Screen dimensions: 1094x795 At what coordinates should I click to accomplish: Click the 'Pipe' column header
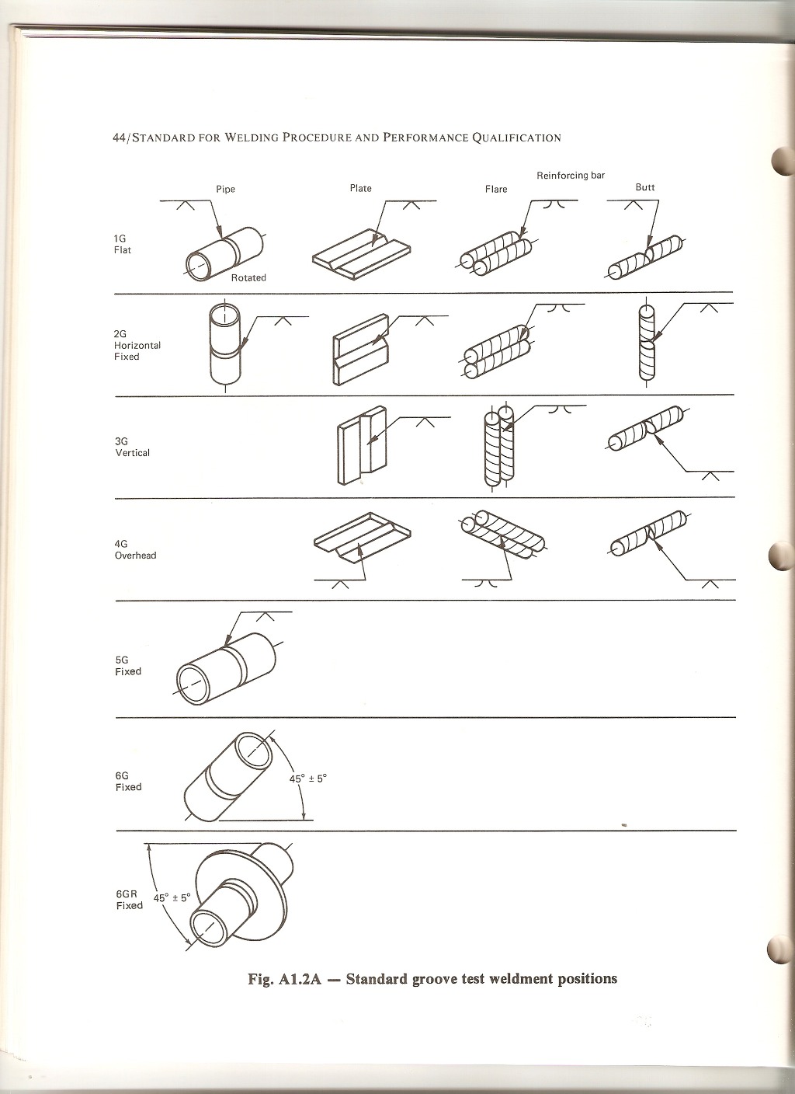(225, 189)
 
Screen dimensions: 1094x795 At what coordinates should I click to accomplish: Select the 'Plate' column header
(360, 188)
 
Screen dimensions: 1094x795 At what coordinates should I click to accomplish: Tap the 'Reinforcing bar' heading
(570, 176)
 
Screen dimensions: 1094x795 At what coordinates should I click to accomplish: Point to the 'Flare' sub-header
(496, 189)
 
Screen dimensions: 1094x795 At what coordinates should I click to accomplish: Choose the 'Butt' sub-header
(644, 187)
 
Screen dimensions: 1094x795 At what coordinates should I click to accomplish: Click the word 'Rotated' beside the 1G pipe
(248, 277)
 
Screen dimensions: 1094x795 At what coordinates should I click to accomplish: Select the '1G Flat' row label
(123, 245)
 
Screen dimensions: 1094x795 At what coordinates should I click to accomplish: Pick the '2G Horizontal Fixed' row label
(137, 345)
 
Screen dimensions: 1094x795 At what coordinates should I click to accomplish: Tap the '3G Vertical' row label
(132, 447)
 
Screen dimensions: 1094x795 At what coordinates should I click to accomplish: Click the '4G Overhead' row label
(135, 550)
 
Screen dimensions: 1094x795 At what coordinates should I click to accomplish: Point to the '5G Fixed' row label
(128, 666)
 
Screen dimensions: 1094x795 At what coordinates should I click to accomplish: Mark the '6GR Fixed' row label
(129, 900)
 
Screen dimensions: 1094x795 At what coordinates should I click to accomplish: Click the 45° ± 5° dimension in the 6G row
(308, 778)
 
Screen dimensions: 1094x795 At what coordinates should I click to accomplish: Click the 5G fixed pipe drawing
(225, 664)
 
